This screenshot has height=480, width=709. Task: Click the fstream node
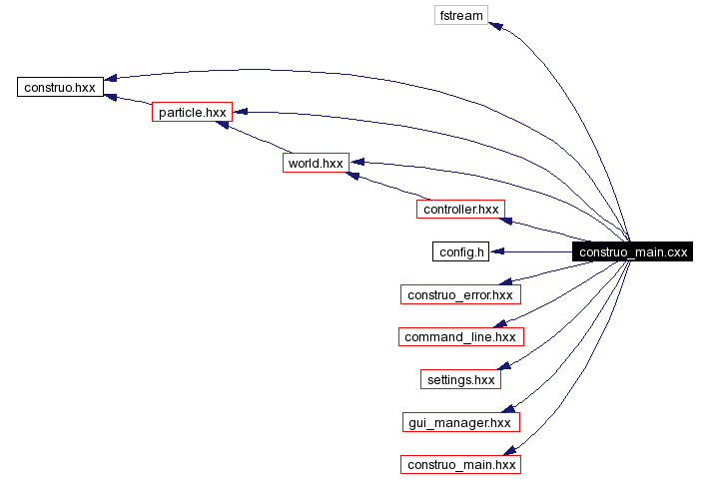click(x=461, y=15)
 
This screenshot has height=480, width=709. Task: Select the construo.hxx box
click(x=61, y=87)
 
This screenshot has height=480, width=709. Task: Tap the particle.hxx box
click(x=192, y=113)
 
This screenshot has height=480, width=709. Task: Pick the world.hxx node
click(x=315, y=163)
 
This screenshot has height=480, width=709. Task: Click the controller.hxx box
click(x=460, y=210)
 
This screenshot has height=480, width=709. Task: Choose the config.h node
click(x=461, y=251)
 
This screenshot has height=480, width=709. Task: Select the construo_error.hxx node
click(x=459, y=294)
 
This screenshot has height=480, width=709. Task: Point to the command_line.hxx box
click(x=459, y=337)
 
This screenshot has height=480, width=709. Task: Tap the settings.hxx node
click(x=459, y=379)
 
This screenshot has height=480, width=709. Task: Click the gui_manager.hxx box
click(x=459, y=422)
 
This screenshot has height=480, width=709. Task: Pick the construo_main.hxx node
click(x=459, y=465)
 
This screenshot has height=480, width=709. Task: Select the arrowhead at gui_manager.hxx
click(x=509, y=409)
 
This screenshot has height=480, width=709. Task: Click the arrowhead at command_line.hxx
click(x=506, y=325)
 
